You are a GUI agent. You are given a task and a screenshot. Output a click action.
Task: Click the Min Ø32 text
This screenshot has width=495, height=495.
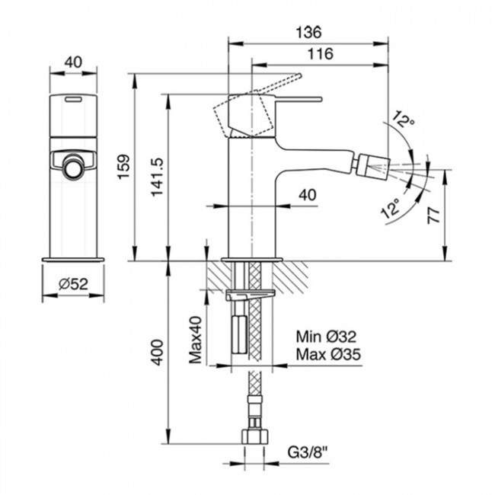[325, 337]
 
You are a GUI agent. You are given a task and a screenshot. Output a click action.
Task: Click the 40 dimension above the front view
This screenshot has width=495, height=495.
[74, 63]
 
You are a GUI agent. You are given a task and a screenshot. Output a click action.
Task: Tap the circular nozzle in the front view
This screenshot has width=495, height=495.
[74, 167]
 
